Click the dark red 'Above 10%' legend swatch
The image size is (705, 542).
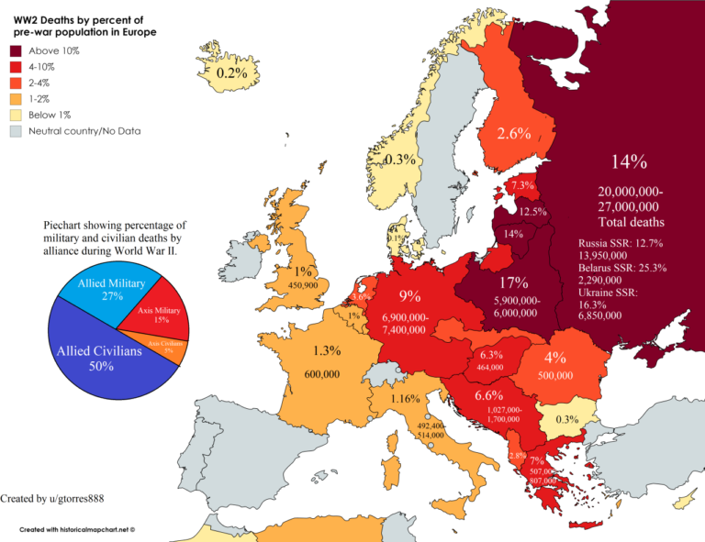click(x=16, y=50)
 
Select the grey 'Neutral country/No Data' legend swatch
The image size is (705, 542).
click(x=16, y=131)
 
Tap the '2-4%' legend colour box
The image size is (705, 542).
click(x=16, y=83)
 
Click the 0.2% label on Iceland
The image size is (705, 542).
click(x=232, y=72)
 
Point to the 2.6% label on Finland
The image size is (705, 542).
click(x=514, y=134)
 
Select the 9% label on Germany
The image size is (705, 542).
click(x=409, y=295)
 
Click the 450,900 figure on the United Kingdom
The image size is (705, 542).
click(x=303, y=285)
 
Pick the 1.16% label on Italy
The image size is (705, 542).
click(x=404, y=399)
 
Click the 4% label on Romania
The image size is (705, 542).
click(x=554, y=357)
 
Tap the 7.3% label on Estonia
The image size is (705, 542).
click(x=523, y=185)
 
